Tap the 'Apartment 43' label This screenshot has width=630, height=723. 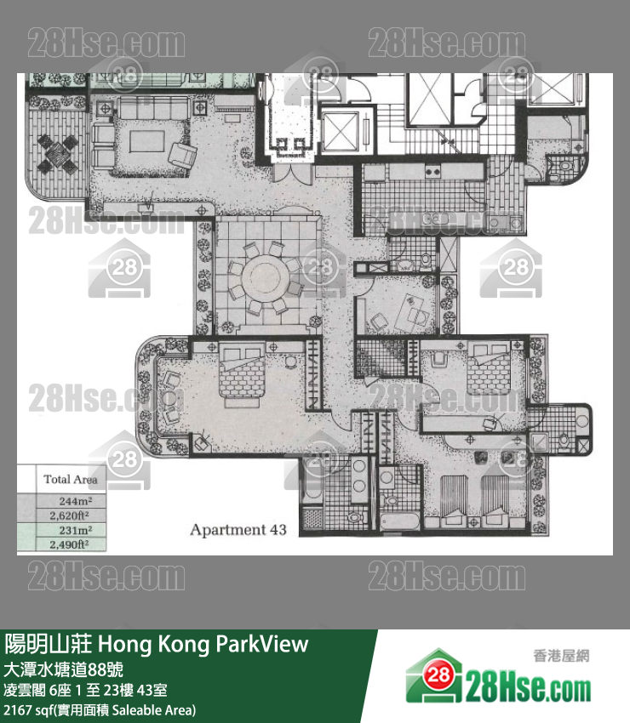point(238,530)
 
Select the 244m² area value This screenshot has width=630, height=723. point(76,501)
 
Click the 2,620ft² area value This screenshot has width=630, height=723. point(70,515)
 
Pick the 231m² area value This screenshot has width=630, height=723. point(76,530)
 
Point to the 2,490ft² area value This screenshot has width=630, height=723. point(70,544)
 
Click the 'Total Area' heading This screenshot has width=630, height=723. point(71,480)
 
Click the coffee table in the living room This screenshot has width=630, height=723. point(146,141)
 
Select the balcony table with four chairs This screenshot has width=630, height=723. point(57,154)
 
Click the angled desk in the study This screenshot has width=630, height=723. point(413,310)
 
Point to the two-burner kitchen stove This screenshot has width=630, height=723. point(432,172)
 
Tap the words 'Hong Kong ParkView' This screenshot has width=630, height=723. point(203,644)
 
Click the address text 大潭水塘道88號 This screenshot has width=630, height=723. point(64,669)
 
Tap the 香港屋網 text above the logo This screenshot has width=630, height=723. point(561,655)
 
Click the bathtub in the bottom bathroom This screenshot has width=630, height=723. point(399,521)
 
